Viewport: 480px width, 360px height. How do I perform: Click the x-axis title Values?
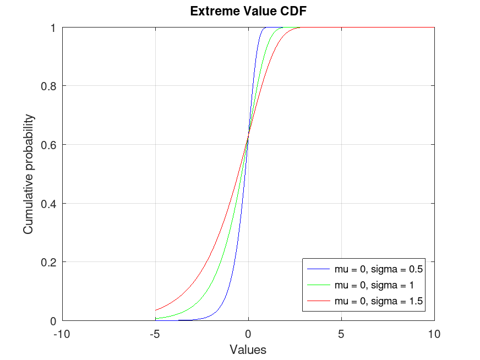pyautogui.click(x=248, y=349)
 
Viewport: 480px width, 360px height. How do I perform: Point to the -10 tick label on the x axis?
pyautogui.click(x=62, y=334)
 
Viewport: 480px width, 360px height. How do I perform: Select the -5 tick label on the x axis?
pyautogui.click(x=155, y=334)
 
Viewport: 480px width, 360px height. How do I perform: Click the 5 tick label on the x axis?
pyautogui.click(x=341, y=334)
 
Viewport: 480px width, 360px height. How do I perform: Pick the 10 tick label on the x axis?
pyautogui.click(x=434, y=334)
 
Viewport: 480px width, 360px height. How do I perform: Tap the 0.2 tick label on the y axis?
pyautogui.click(x=49, y=262)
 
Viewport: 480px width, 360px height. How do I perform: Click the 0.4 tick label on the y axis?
pyautogui.click(x=49, y=203)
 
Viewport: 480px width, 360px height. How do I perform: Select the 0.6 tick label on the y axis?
pyautogui.click(x=49, y=145)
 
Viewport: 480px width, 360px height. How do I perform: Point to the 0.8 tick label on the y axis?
pyautogui.click(x=49, y=86)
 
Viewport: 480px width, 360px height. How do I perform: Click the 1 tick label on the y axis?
pyautogui.click(x=54, y=28)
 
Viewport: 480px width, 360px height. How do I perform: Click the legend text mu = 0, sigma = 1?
pyautogui.click(x=374, y=285)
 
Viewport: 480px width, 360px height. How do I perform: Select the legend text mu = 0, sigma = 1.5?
pyautogui.click(x=378, y=301)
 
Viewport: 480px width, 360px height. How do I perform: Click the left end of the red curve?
pyautogui.click(x=155, y=310)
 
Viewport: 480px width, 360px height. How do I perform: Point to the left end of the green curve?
pyautogui.click(x=155, y=318)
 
